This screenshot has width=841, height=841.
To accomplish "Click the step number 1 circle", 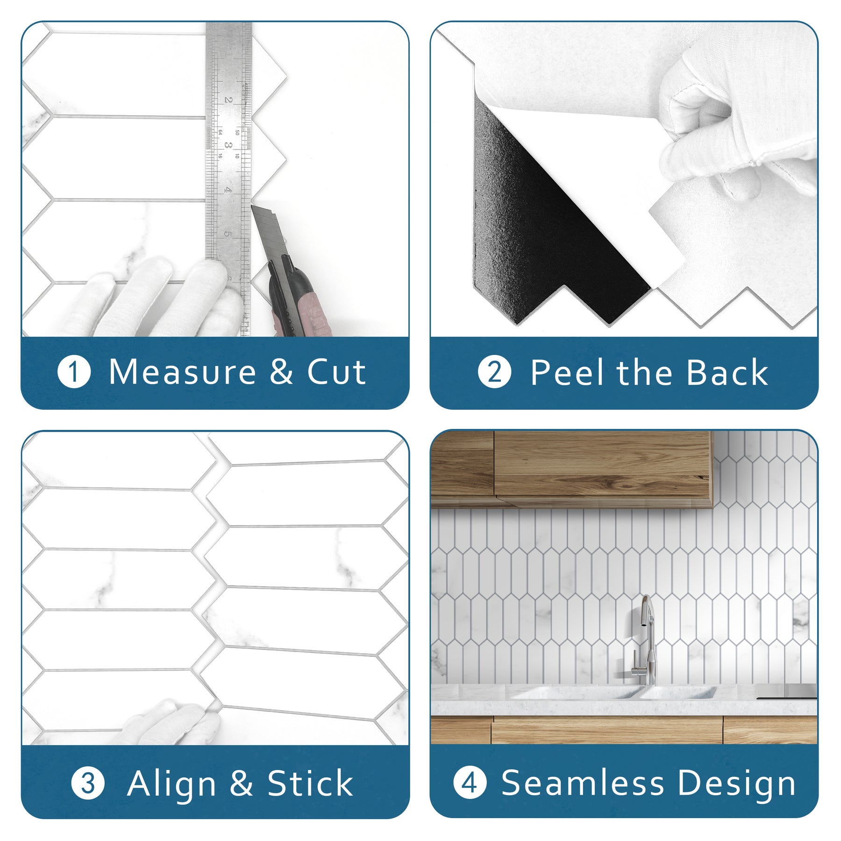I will [x=74, y=372].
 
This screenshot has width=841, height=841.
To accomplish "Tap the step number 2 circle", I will [x=494, y=372].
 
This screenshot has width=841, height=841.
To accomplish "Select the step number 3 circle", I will [x=88, y=784].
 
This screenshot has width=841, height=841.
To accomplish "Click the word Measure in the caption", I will [x=182, y=372].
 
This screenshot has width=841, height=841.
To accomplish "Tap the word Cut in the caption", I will [x=336, y=372].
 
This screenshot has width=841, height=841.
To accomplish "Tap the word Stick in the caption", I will [x=310, y=784].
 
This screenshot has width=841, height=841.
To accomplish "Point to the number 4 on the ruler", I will [x=228, y=190].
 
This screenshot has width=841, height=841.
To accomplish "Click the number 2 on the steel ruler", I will [x=228, y=100].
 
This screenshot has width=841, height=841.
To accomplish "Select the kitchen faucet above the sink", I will [x=647, y=640].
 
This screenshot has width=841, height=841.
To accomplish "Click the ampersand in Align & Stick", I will [x=241, y=784].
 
